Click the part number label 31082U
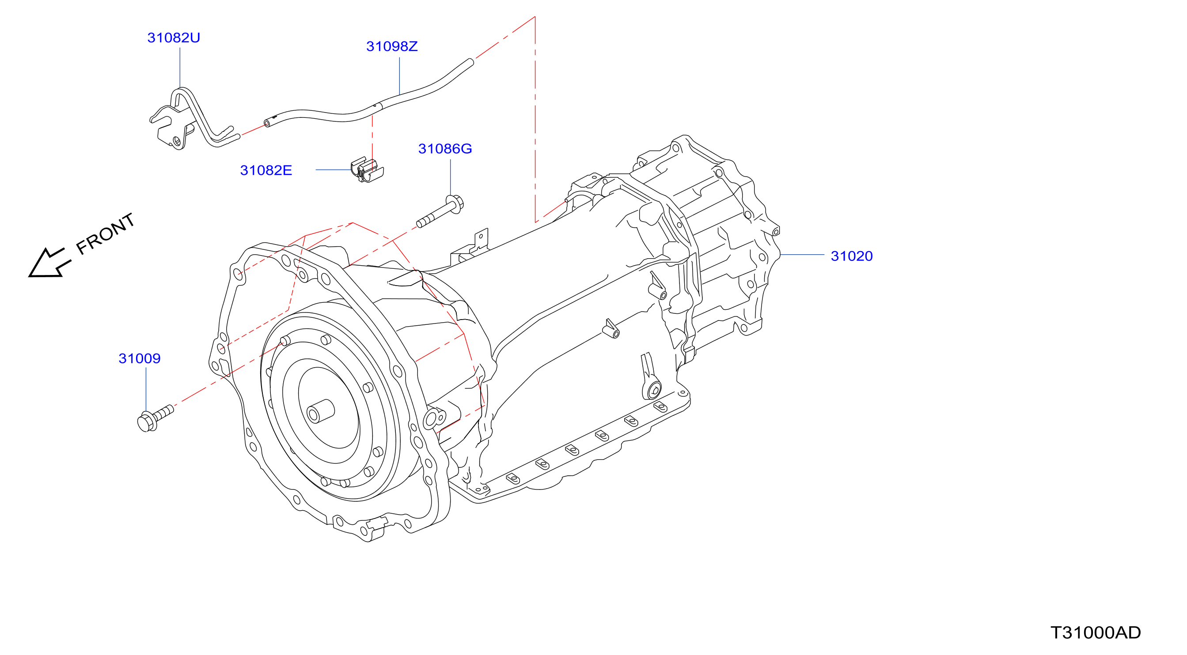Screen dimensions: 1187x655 tap(174, 38)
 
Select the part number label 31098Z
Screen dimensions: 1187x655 tap(392, 46)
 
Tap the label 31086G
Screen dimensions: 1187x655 tap(445, 149)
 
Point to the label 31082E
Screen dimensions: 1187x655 tap(266, 170)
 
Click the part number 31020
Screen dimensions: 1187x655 tap(852, 256)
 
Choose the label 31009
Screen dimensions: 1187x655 tap(140, 358)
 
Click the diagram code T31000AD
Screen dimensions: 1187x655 tap(1096, 632)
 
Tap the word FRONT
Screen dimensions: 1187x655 tap(106, 234)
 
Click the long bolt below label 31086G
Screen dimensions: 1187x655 tap(440, 211)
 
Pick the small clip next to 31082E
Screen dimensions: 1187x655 tap(367, 170)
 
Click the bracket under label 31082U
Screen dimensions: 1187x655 tap(193, 119)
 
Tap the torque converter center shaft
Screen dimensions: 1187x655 tap(320, 411)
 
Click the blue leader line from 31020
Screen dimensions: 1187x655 tap(802, 255)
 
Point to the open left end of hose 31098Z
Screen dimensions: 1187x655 tap(267, 123)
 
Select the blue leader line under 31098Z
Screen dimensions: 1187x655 tap(399, 76)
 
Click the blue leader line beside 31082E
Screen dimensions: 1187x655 tap(334, 170)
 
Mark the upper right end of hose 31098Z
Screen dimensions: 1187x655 tap(471, 61)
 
